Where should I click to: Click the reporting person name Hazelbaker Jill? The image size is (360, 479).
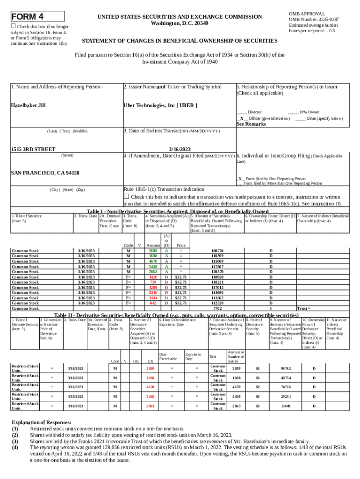click(x=29, y=106)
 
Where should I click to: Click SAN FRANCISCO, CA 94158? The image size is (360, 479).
click(x=45, y=173)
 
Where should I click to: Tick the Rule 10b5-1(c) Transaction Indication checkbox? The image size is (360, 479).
click(x=126, y=196)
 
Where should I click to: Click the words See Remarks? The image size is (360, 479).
click(x=251, y=124)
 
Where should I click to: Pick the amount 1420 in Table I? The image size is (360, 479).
click(x=153, y=277)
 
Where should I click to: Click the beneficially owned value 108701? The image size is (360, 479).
click(x=217, y=251)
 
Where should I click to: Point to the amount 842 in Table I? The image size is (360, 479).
click(x=153, y=303)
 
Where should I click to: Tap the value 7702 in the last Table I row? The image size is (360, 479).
click(x=217, y=308)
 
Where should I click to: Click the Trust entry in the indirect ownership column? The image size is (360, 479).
click(x=302, y=308)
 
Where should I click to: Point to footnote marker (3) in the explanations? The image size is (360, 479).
click(x=15, y=441)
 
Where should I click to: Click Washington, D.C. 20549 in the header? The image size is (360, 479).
click(x=180, y=23)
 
